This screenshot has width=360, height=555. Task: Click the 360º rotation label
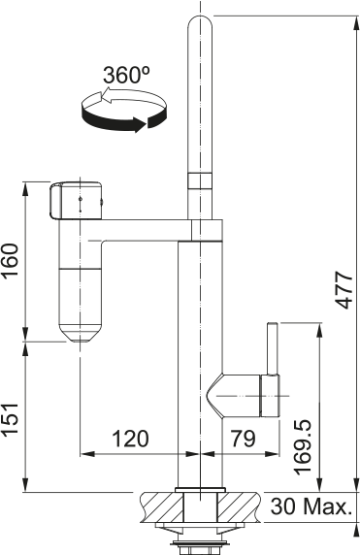[125, 76]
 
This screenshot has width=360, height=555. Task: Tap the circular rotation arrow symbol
[117, 109]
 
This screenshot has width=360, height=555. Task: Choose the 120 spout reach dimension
[129, 439]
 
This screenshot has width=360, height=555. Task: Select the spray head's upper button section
[75, 200]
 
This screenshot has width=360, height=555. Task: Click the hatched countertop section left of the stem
[161, 506]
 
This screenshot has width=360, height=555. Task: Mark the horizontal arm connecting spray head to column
[146, 229]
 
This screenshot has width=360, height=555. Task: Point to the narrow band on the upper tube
[199, 180]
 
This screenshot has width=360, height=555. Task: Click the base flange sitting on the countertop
[199, 486]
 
